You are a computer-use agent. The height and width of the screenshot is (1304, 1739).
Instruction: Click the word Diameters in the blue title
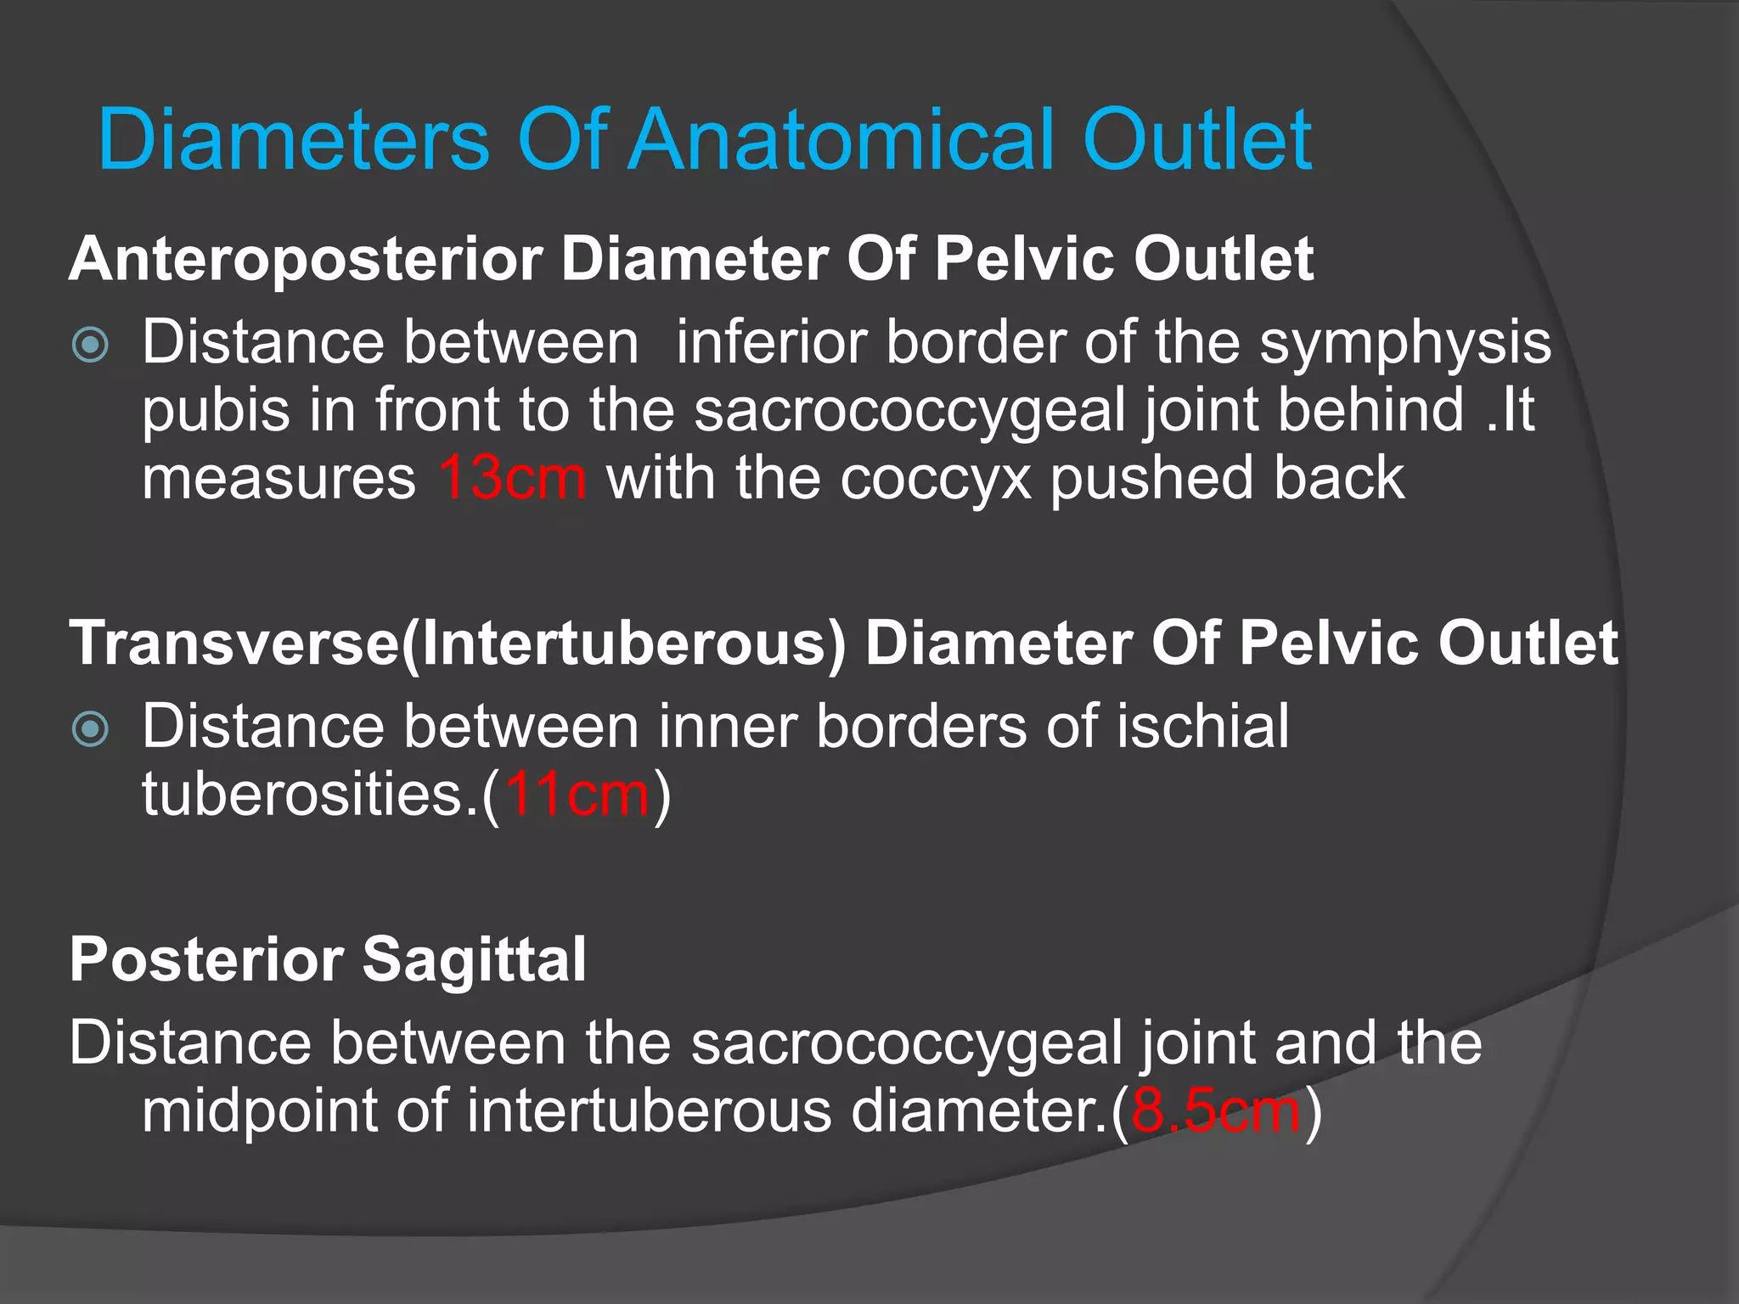[294, 140]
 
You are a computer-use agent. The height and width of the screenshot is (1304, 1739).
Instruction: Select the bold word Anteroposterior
[306, 259]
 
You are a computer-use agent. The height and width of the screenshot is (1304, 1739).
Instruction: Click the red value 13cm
[512, 478]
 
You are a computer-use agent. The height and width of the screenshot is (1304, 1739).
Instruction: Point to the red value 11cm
[577, 795]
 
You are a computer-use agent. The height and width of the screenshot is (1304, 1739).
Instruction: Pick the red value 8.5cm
[1216, 1110]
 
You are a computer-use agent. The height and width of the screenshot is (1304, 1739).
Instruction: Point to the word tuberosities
[311, 795]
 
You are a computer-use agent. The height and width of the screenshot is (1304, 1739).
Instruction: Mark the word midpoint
[259, 1112]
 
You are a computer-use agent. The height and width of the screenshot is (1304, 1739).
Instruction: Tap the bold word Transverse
[234, 644]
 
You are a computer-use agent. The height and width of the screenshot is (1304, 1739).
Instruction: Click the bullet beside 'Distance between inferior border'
[91, 345]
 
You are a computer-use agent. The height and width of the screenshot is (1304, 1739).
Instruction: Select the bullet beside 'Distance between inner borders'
[91, 729]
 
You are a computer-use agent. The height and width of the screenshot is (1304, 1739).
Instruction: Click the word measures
[279, 479]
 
